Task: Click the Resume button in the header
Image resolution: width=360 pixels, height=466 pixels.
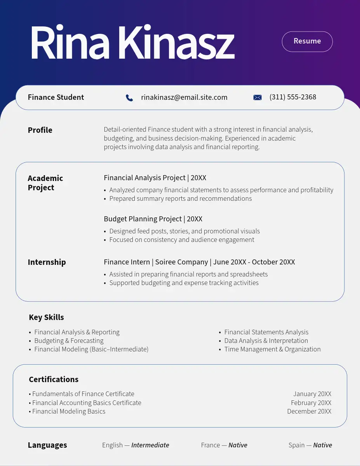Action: click(x=307, y=41)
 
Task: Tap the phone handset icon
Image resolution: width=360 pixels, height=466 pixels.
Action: click(x=129, y=98)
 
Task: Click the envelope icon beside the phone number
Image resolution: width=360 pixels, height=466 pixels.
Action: click(x=257, y=97)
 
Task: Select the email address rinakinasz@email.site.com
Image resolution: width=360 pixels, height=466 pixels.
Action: click(x=184, y=97)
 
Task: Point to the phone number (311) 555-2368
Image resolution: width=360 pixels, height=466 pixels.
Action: click(x=293, y=97)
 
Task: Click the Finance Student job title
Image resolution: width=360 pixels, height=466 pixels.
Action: click(x=56, y=97)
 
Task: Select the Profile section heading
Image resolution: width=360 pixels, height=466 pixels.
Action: click(x=40, y=130)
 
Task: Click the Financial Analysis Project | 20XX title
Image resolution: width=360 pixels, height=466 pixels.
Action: click(x=155, y=178)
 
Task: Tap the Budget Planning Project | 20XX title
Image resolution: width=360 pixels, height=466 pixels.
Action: click(x=153, y=219)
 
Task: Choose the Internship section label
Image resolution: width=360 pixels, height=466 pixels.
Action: click(x=47, y=262)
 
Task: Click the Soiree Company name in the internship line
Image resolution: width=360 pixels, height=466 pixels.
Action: click(x=181, y=262)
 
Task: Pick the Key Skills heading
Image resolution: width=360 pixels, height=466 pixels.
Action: click(x=46, y=317)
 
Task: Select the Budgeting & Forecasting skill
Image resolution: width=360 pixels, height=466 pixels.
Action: click(x=69, y=341)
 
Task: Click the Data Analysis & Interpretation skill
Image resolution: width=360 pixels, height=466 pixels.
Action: click(x=266, y=341)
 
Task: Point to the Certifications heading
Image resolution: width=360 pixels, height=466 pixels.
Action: click(x=54, y=379)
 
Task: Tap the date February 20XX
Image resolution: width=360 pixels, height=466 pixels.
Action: click(x=311, y=403)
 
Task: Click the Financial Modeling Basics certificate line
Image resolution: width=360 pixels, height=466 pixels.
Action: click(x=69, y=411)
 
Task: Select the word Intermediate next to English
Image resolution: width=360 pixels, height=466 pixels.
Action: click(x=150, y=445)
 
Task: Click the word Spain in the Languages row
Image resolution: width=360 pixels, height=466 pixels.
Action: click(x=297, y=445)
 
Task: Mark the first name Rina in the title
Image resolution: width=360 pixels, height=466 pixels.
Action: click(x=70, y=43)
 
